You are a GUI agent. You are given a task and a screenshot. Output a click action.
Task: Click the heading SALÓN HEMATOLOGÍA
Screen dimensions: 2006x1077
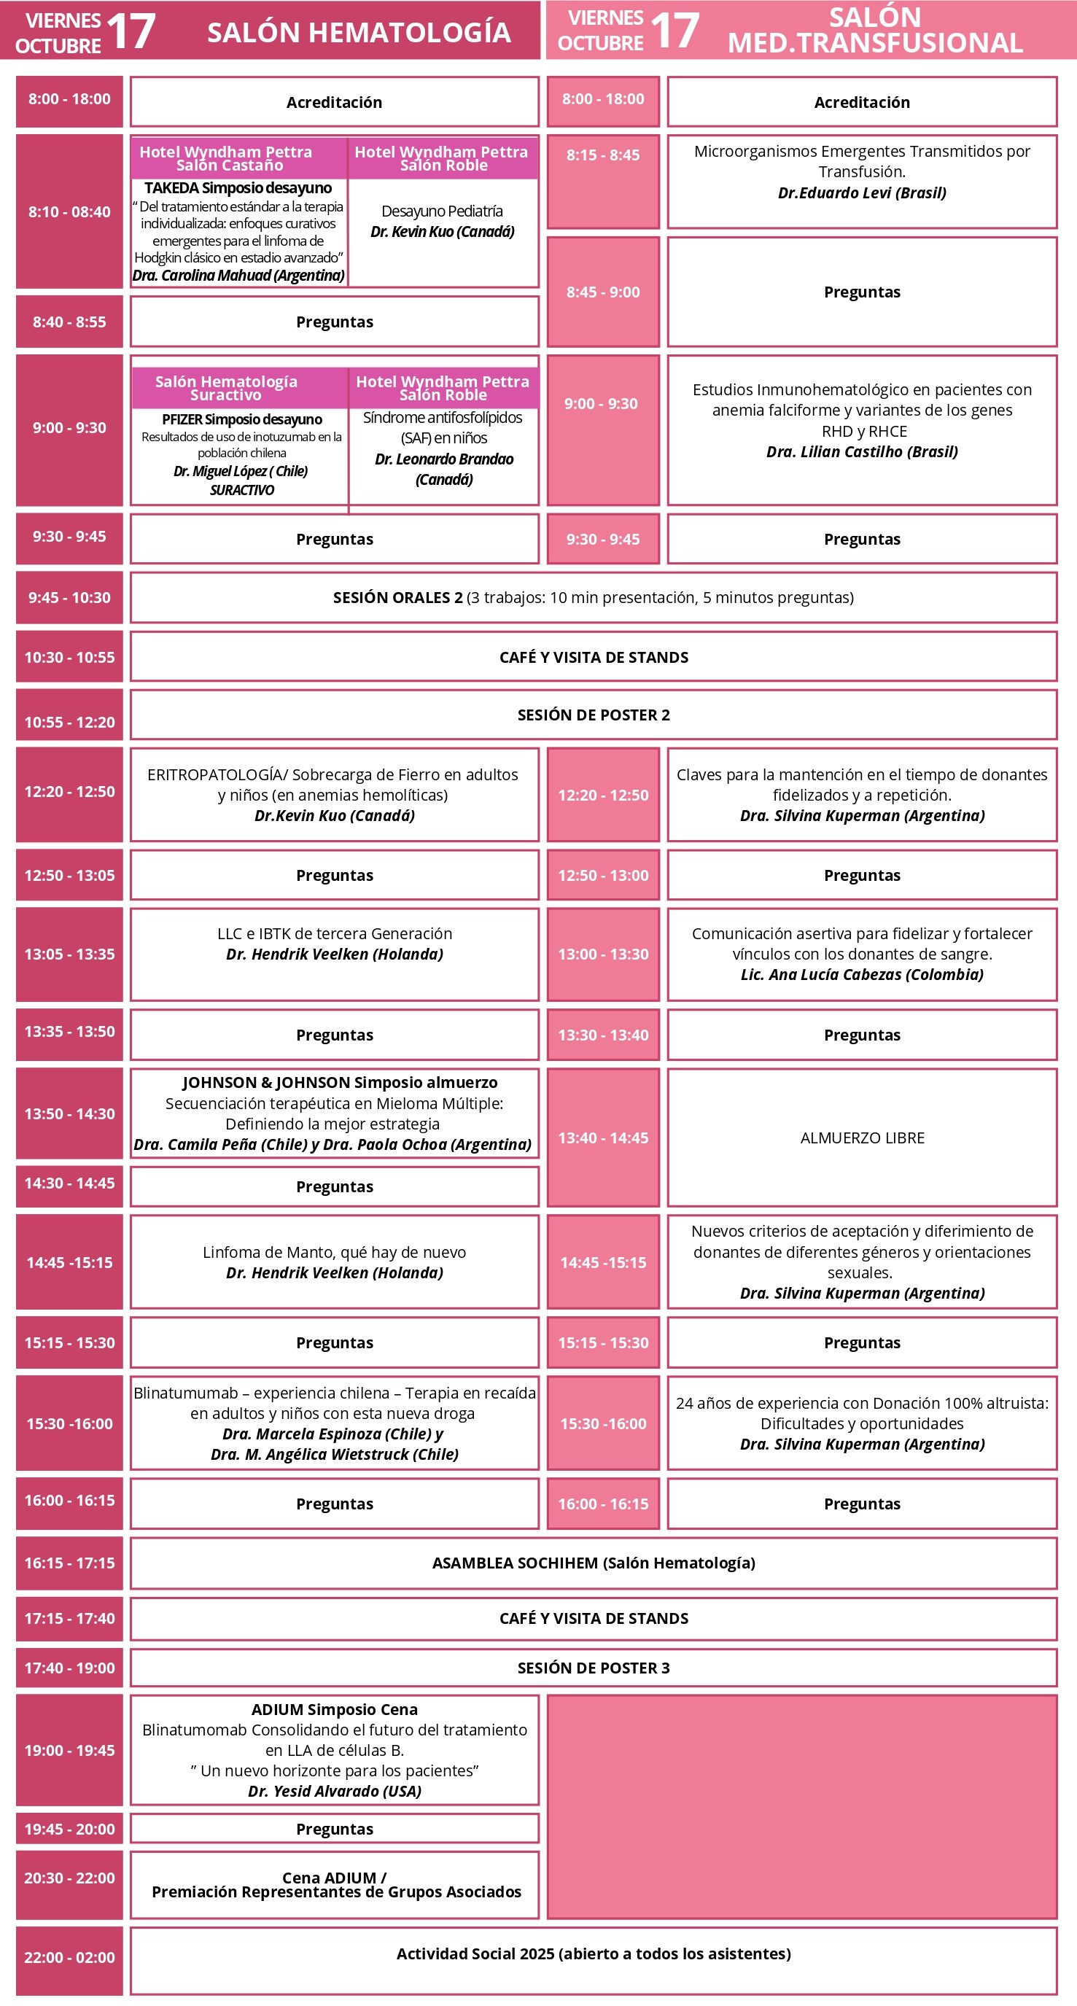pyautogui.click(x=358, y=32)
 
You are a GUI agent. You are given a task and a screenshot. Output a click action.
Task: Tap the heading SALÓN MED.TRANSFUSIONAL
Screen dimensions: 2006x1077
pyautogui.click(x=874, y=31)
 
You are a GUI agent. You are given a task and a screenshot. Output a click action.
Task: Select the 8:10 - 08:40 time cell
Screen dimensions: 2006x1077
pyautogui.click(x=69, y=211)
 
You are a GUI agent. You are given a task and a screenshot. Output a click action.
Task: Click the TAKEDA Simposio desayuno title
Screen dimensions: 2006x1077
pyautogui.click(x=238, y=187)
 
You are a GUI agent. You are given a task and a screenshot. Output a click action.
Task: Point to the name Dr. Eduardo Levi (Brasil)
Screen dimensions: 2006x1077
pyautogui.click(x=861, y=193)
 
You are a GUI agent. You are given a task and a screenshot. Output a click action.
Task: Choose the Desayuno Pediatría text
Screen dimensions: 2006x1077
pyautogui.click(x=442, y=211)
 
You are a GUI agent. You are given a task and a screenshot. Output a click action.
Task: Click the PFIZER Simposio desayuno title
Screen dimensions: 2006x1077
pyautogui.click(x=241, y=419)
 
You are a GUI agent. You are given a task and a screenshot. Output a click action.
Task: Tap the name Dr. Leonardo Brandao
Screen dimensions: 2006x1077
pyautogui.click(x=444, y=459)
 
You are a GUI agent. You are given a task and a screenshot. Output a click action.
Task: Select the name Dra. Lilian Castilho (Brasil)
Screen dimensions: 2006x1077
pyautogui.click(x=861, y=451)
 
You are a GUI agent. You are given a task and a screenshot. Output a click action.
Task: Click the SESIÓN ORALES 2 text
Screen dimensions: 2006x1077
pyautogui.click(x=397, y=597)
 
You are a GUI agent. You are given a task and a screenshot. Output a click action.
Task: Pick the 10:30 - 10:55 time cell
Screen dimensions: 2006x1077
pyautogui.click(x=69, y=657)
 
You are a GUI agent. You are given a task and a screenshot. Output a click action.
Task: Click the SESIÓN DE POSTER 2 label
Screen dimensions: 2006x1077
pyautogui.click(x=594, y=715)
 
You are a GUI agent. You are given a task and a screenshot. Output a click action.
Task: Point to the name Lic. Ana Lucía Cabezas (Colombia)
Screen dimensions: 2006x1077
pyautogui.click(x=861, y=974)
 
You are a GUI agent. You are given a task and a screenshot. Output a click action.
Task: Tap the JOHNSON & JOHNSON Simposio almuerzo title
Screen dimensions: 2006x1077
pyautogui.click(x=340, y=1082)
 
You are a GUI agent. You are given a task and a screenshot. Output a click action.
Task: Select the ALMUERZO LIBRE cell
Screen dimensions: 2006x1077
pyautogui.click(x=862, y=1138)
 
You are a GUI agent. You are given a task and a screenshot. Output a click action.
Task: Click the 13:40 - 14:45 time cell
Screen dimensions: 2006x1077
pyautogui.click(x=603, y=1138)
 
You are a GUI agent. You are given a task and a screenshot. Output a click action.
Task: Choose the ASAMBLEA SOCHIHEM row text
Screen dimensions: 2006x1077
pyautogui.click(x=594, y=1563)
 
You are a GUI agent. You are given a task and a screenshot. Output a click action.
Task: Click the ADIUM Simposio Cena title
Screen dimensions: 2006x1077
pyautogui.click(x=334, y=1709)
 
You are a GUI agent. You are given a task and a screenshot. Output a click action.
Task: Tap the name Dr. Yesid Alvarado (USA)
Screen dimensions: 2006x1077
pyautogui.click(x=334, y=1791)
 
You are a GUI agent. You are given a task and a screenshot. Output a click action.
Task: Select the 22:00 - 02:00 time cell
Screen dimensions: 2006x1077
pyautogui.click(x=69, y=1957)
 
